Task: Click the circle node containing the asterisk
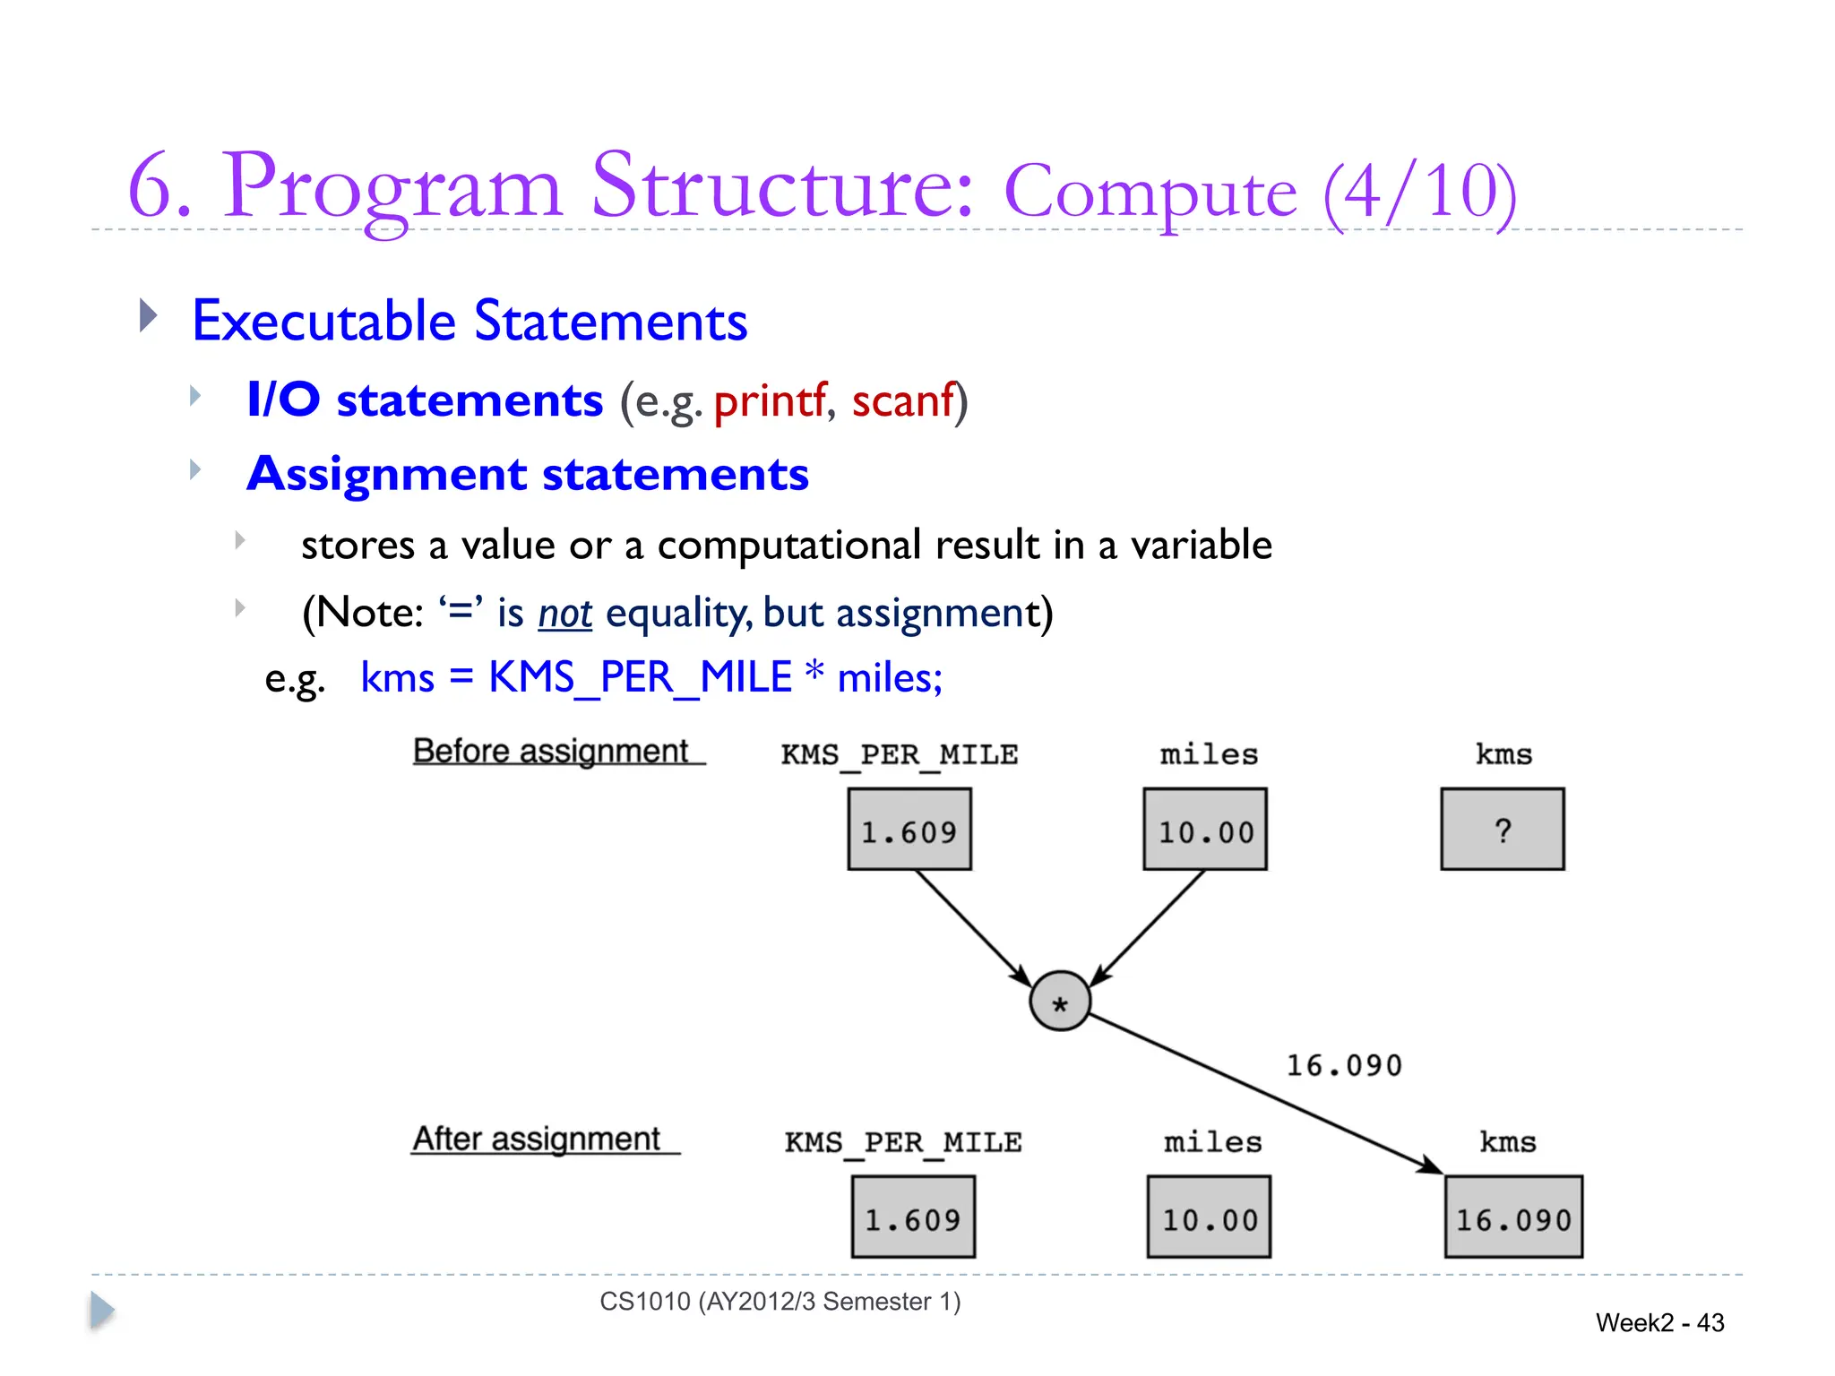(x=1060, y=1002)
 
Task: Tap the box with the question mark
(x=1503, y=830)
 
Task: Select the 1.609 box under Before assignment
(x=909, y=830)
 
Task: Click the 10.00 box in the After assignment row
(x=1209, y=1217)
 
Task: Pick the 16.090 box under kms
(x=1513, y=1217)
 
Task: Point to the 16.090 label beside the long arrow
(x=1344, y=1065)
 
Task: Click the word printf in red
(x=770, y=400)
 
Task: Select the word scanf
(x=903, y=400)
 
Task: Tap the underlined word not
(x=564, y=614)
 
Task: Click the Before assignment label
(x=551, y=751)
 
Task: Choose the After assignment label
(x=536, y=1139)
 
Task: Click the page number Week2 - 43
(x=1659, y=1322)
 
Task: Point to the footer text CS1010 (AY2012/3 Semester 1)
(x=780, y=1301)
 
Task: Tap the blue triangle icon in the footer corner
(x=102, y=1311)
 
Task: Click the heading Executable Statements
(x=470, y=321)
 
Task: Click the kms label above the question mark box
(x=1503, y=754)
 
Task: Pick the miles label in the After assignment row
(x=1212, y=1142)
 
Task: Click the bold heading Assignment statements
(x=528, y=474)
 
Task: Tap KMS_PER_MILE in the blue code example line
(x=640, y=677)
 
